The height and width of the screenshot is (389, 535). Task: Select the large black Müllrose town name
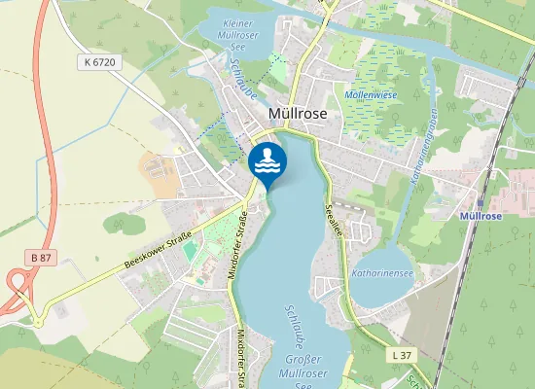click(x=298, y=115)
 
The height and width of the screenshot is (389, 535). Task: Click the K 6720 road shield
click(x=100, y=61)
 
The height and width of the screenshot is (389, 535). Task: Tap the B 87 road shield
click(x=40, y=257)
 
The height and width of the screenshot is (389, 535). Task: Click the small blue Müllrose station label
click(x=481, y=215)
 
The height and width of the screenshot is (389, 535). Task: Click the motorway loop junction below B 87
click(x=17, y=292)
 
